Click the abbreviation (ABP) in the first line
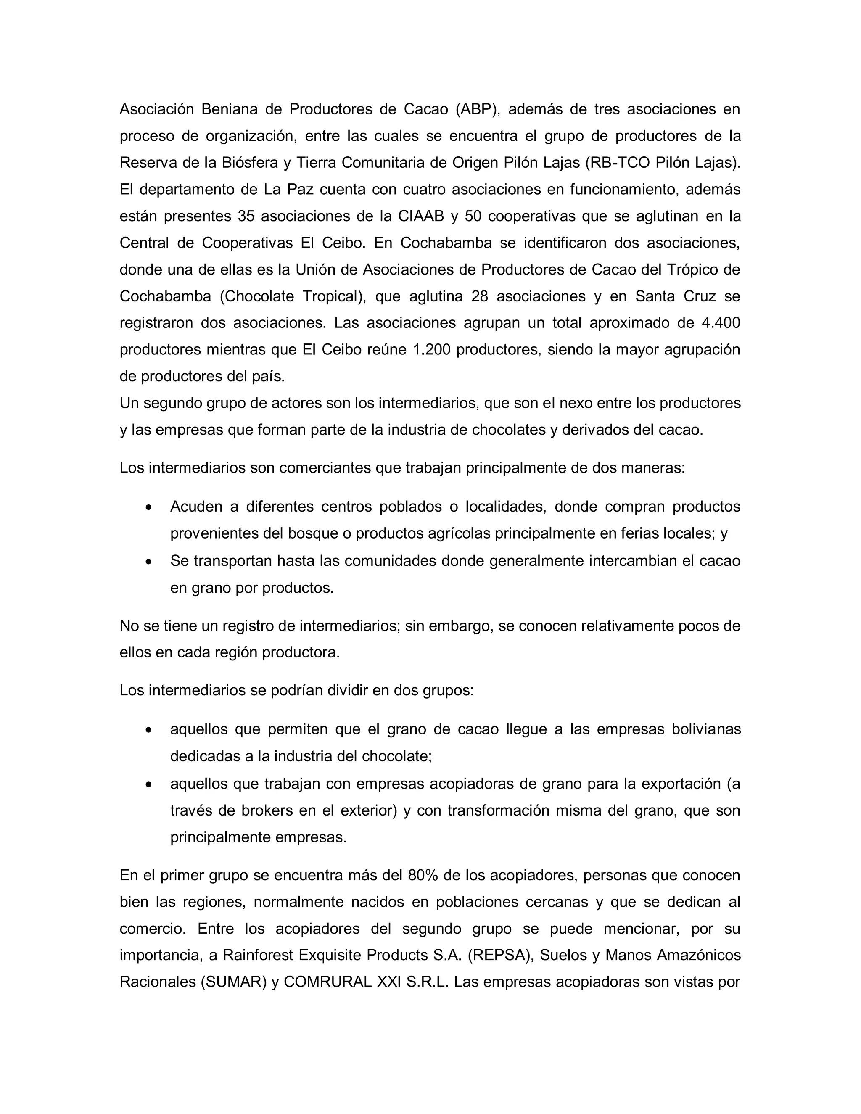click(478, 109)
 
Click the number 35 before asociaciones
click(246, 216)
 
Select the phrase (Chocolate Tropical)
click(293, 296)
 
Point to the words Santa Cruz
click(675, 296)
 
